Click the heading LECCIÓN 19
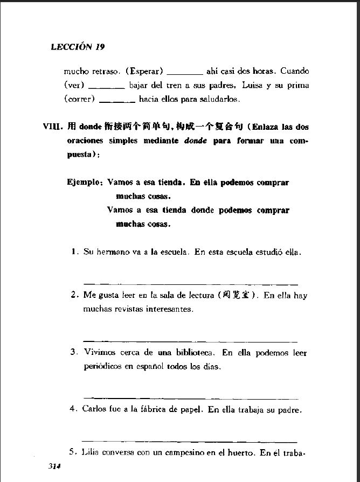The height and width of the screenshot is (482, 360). coord(78,47)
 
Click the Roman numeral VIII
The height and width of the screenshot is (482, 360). coord(52,127)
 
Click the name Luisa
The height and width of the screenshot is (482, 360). coord(252,85)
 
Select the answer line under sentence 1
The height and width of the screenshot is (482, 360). coord(191,283)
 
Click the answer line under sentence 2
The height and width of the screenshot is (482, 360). coord(191,341)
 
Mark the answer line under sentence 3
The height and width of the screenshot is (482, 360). coord(191,398)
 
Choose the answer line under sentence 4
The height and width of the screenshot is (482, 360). coord(191,441)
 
